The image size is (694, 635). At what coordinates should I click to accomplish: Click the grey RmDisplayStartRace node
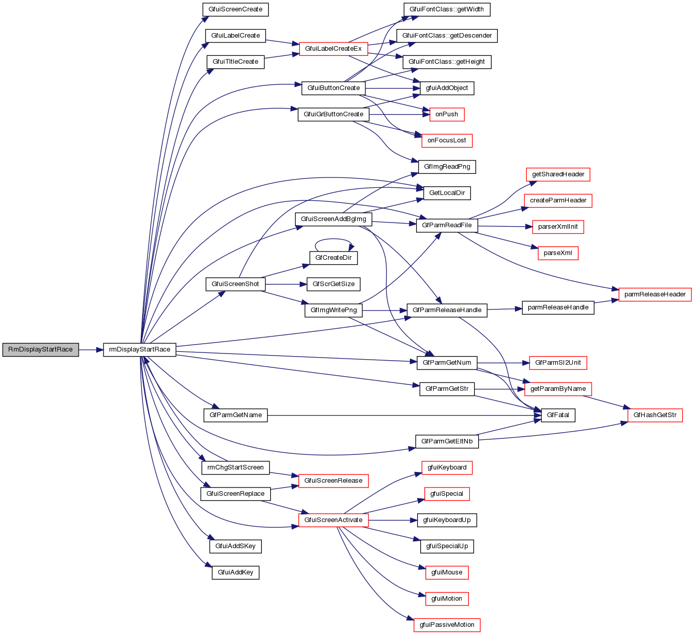(x=41, y=349)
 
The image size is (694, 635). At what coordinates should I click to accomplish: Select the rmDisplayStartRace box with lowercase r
(x=140, y=349)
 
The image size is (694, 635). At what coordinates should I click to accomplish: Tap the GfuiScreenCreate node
(x=235, y=9)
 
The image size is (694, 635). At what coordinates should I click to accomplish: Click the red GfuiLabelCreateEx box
(x=333, y=49)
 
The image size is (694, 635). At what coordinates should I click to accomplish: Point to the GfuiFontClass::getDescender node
(x=447, y=35)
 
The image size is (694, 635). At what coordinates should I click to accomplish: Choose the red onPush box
(x=447, y=114)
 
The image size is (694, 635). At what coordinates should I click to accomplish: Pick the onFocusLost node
(x=447, y=140)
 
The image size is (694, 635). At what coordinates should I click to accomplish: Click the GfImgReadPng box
(x=447, y=167)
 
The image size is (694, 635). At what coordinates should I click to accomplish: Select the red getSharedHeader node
(x=558, y=174)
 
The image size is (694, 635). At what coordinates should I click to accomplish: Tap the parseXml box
(x=558, y=253)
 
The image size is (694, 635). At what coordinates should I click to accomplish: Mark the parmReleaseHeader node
(x=655, y=294)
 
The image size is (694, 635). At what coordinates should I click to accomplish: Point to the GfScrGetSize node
(x=334, y=284)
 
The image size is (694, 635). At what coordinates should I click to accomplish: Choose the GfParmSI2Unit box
(x=558, y=363)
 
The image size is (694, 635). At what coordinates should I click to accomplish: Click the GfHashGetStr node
(x=655, y=415)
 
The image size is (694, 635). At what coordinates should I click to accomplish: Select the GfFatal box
(x=558, y=415)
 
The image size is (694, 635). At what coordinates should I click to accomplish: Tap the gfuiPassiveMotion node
(x=447, y=625)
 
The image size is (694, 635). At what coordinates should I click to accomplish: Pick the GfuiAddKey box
(x=235, y=572)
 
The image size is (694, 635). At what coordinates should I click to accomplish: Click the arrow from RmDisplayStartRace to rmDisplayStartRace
(x=91, y=350)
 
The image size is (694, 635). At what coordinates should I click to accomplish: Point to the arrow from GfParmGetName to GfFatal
(x=404, y=415)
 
